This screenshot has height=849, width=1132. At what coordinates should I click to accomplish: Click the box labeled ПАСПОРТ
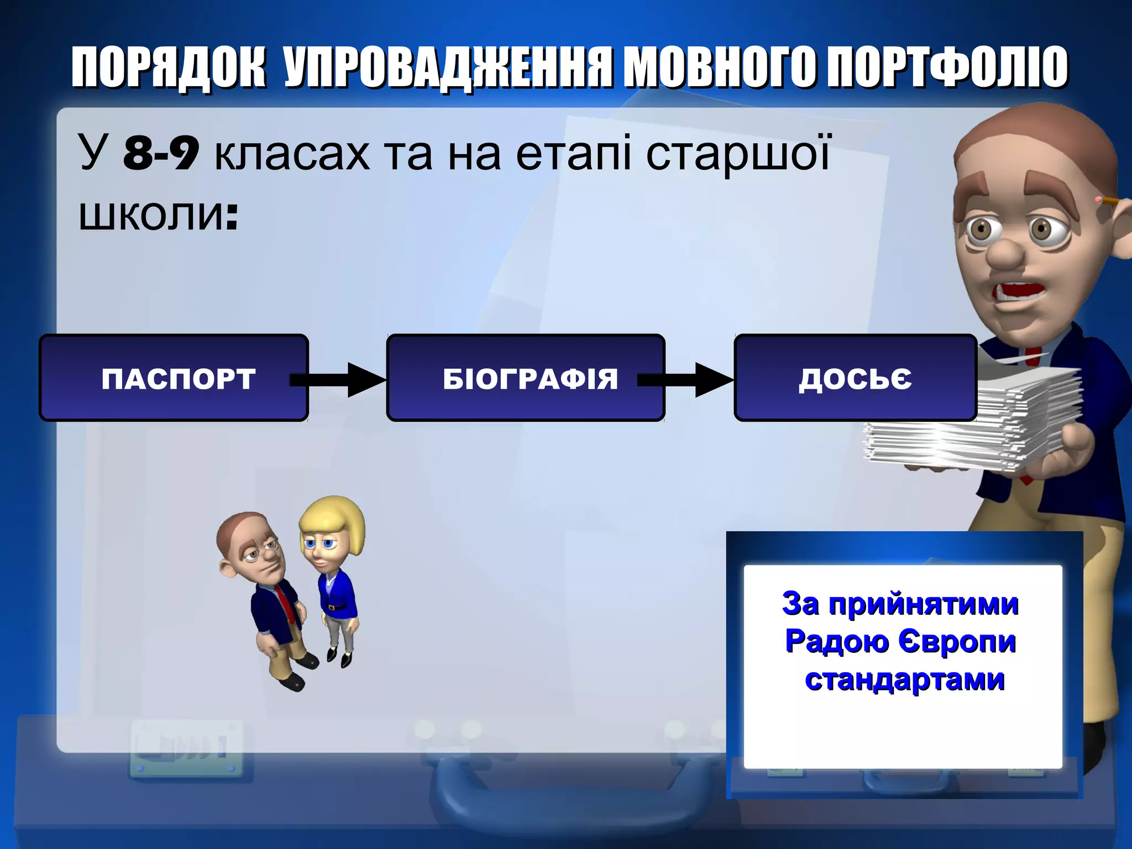coord(174,378)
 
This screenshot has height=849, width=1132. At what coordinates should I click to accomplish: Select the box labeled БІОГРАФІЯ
coord(525,378)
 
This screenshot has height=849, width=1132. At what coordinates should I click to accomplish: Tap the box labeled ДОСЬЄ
coord(855,378)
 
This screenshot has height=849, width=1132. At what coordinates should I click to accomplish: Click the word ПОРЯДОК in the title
coord(168,67)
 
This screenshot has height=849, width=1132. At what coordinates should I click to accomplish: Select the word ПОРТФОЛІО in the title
coord(947,67)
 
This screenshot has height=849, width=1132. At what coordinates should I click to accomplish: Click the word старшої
coord(737,155)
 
